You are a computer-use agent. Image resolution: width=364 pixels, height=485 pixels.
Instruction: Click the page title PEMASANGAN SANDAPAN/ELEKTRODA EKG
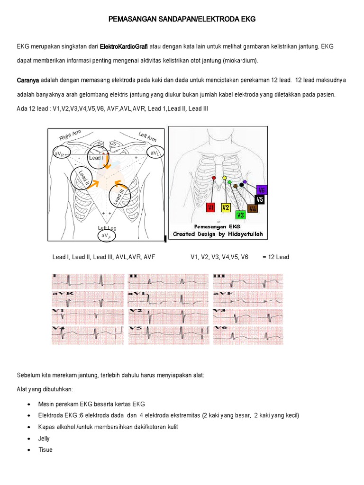pos(182,19)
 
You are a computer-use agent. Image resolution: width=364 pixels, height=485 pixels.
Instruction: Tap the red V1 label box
pos(211,207)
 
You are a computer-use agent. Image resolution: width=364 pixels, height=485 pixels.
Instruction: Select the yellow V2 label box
pos(226,207)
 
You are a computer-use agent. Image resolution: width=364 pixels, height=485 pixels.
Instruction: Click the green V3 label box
pos(240,215)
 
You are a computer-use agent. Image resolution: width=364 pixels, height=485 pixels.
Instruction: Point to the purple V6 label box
pos(262,190)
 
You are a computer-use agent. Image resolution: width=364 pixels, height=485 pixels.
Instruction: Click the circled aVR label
pos(62,154)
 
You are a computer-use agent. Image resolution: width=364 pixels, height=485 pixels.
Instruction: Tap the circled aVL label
pos(155,153)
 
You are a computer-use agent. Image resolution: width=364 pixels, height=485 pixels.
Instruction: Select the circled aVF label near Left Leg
pos(107,235)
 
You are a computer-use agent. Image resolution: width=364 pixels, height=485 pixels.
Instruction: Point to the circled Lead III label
pos(118,197)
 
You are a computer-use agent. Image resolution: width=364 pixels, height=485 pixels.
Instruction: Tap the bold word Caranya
pos(28,81)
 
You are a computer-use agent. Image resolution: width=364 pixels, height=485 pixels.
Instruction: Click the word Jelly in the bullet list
pos(44,439)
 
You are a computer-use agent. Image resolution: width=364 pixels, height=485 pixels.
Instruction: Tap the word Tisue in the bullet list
pos(45,449)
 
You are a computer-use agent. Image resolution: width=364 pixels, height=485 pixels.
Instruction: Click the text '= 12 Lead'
pos(275,257)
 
